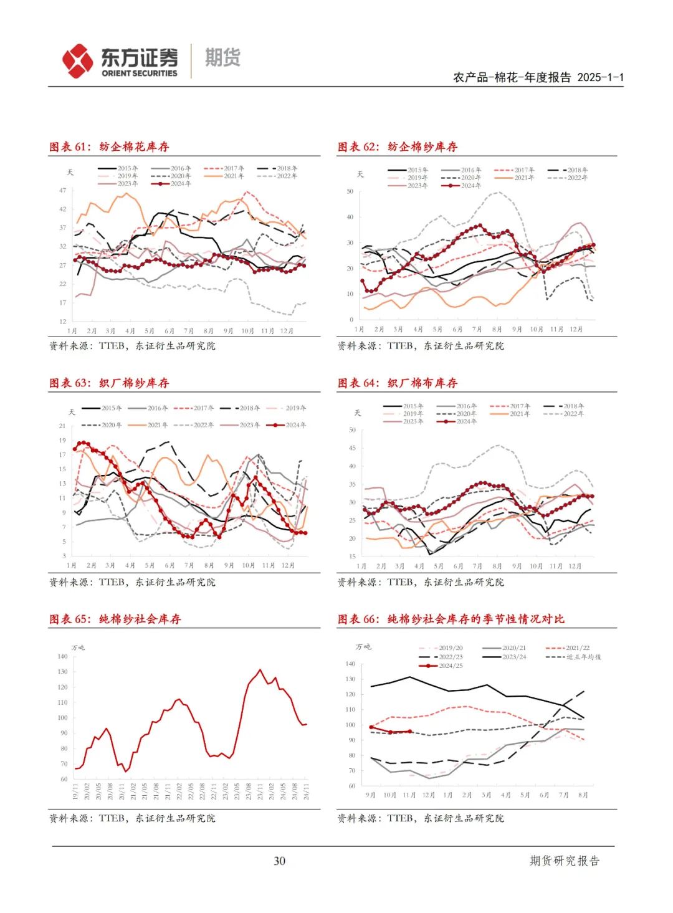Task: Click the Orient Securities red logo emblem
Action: coord(77,60)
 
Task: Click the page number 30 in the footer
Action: coord(279,861)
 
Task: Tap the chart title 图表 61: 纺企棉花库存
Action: coord(109,147)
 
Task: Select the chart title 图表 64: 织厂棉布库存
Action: coord(398,383)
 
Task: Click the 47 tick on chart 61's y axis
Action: coord(63,190)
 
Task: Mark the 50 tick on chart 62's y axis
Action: coord(350,191)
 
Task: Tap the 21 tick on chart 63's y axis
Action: coord(62,426)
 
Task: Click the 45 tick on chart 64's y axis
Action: coord(353,448)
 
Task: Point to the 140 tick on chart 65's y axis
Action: coord(62,656)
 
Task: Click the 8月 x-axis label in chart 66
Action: coord(583,795)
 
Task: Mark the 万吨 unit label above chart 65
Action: coord(78,648)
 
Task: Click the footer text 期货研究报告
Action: coord(565,861)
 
